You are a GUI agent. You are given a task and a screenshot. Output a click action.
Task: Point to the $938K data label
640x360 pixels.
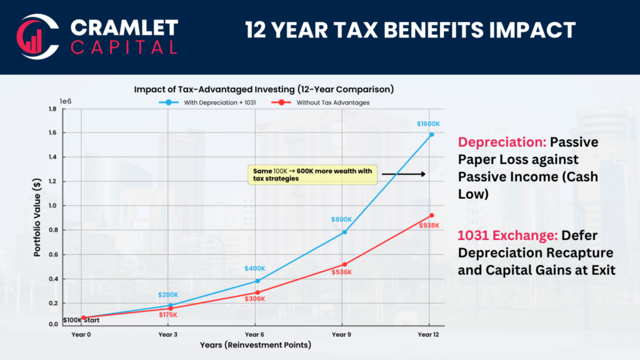(430, 225)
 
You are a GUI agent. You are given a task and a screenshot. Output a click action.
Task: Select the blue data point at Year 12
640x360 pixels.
(431, 134)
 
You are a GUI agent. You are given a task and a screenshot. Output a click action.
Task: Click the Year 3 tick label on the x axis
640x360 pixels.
(168, 334)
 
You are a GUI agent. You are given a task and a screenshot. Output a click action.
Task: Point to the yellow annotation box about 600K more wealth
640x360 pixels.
(312, 174)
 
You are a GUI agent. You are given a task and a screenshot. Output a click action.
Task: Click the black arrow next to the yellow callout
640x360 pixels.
(403, 174)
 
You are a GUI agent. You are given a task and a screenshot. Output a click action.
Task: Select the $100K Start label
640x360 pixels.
(81, 321)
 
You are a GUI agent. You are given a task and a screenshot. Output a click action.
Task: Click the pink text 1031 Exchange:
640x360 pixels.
(507, 236)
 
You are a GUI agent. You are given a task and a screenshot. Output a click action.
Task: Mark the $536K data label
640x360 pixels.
(342, 272)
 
